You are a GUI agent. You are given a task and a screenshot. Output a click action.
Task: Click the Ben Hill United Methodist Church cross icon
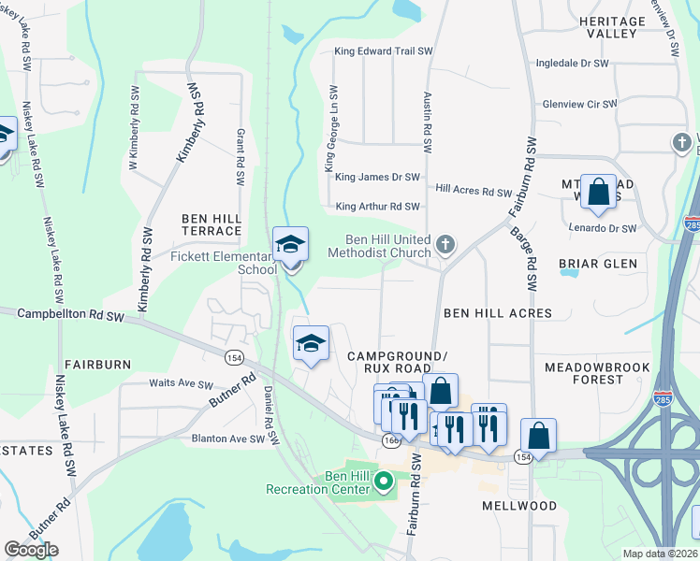[445, 245]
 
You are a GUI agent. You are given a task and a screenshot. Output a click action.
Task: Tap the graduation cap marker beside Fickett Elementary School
[290, 246]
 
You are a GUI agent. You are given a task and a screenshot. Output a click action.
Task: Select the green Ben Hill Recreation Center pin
[383, 482]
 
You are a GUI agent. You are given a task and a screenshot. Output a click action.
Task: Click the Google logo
[31, 550]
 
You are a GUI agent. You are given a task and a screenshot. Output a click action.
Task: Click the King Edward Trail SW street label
[384, 52]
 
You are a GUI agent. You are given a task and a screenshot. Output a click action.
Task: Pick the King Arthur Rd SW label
[377, 207]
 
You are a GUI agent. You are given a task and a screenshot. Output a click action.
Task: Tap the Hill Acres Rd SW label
[474, 192]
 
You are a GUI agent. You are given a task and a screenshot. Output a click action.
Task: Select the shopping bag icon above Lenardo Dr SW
[598, 194]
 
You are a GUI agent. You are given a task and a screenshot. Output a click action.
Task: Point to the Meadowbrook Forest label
[596, 373]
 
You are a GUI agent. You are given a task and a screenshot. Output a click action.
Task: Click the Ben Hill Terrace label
[211, 224]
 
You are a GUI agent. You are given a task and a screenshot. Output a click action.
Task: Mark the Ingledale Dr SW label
[572, 64]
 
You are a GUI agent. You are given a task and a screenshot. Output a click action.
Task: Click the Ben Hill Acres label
[497, 312]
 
